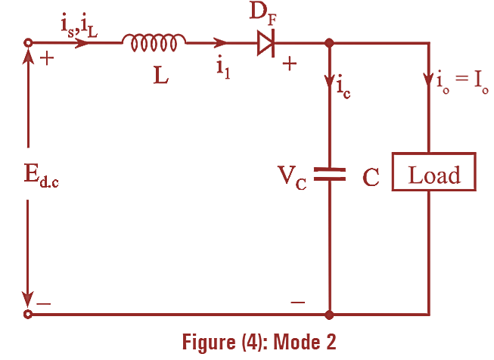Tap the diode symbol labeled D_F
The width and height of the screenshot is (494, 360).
[x=266, y=44]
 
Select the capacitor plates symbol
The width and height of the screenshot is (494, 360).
[x=329, y=174]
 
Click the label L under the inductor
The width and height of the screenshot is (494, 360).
[x=160, y=76]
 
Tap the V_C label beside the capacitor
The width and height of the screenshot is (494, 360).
[x=290, y=178]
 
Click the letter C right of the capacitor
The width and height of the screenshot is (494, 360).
[x=371, y=177]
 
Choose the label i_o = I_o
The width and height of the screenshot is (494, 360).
[x=463, y=81]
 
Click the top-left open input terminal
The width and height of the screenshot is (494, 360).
[x=28, y=43]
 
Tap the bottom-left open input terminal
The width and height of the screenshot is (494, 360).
[x=28, y=313]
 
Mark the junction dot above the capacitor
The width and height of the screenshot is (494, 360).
[x=329, y=43]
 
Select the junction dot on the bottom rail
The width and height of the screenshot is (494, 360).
[x=329, y=313]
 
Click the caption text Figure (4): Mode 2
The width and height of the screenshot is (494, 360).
[x=259, y=342]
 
